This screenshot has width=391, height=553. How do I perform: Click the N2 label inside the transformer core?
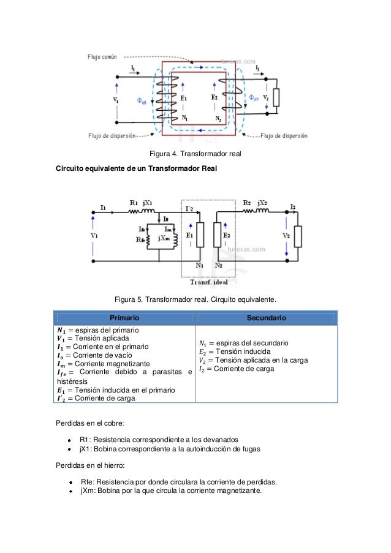point(219,118)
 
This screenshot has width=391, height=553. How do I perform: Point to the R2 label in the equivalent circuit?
point(246,203)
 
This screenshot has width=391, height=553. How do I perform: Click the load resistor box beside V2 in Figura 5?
point(298,236)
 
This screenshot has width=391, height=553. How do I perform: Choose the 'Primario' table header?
point(124,318)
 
